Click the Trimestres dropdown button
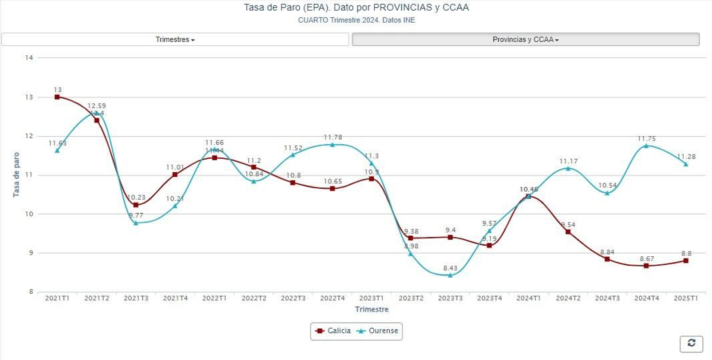click(x=175, y=40)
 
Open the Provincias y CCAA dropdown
click(x=525, y=40)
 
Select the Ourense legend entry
click(x=378, y=331)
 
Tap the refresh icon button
click(x=691, y=344)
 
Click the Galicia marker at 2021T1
click(x=57, y=97)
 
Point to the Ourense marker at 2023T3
click(x=450, y=275)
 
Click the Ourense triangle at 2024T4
click(x=646, y=146)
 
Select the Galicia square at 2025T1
click(x=686, y=261)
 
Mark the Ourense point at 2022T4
click(x=332, y=145)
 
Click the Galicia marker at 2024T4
click(x=646, y=266)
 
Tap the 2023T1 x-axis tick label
click(x=372, y=298)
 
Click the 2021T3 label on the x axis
click(x=136, y=298)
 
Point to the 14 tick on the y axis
click(x=29, y=58)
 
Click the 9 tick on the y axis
click(x=31, y=253)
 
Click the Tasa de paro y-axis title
click(x=16, y=174)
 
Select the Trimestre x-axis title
click(x=372, y=309)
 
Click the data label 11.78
click(x=333, y=137)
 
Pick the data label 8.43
click(x=450, y=268)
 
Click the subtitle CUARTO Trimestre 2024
click(x=356, y=20)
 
